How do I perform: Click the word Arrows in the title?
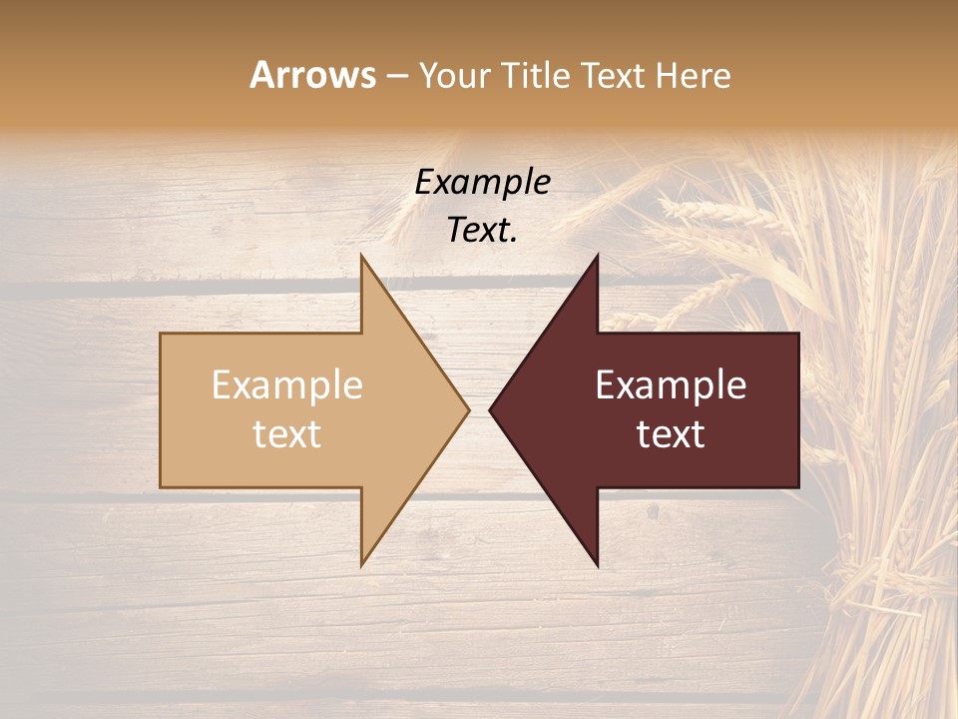tap(312, 75)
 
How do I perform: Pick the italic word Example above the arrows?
tap(483, 183)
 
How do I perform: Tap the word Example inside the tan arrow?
tap(287, 385)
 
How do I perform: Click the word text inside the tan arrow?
tap(287, 434)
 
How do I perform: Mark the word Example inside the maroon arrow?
tap(671, 385)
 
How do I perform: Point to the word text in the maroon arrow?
tap(671, 434)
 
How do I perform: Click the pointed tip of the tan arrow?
tap(467, 409)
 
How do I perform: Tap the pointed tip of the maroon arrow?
tap(491, 409)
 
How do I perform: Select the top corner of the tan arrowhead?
tap(362, 257)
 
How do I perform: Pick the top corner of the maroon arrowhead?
tap(597, 257)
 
